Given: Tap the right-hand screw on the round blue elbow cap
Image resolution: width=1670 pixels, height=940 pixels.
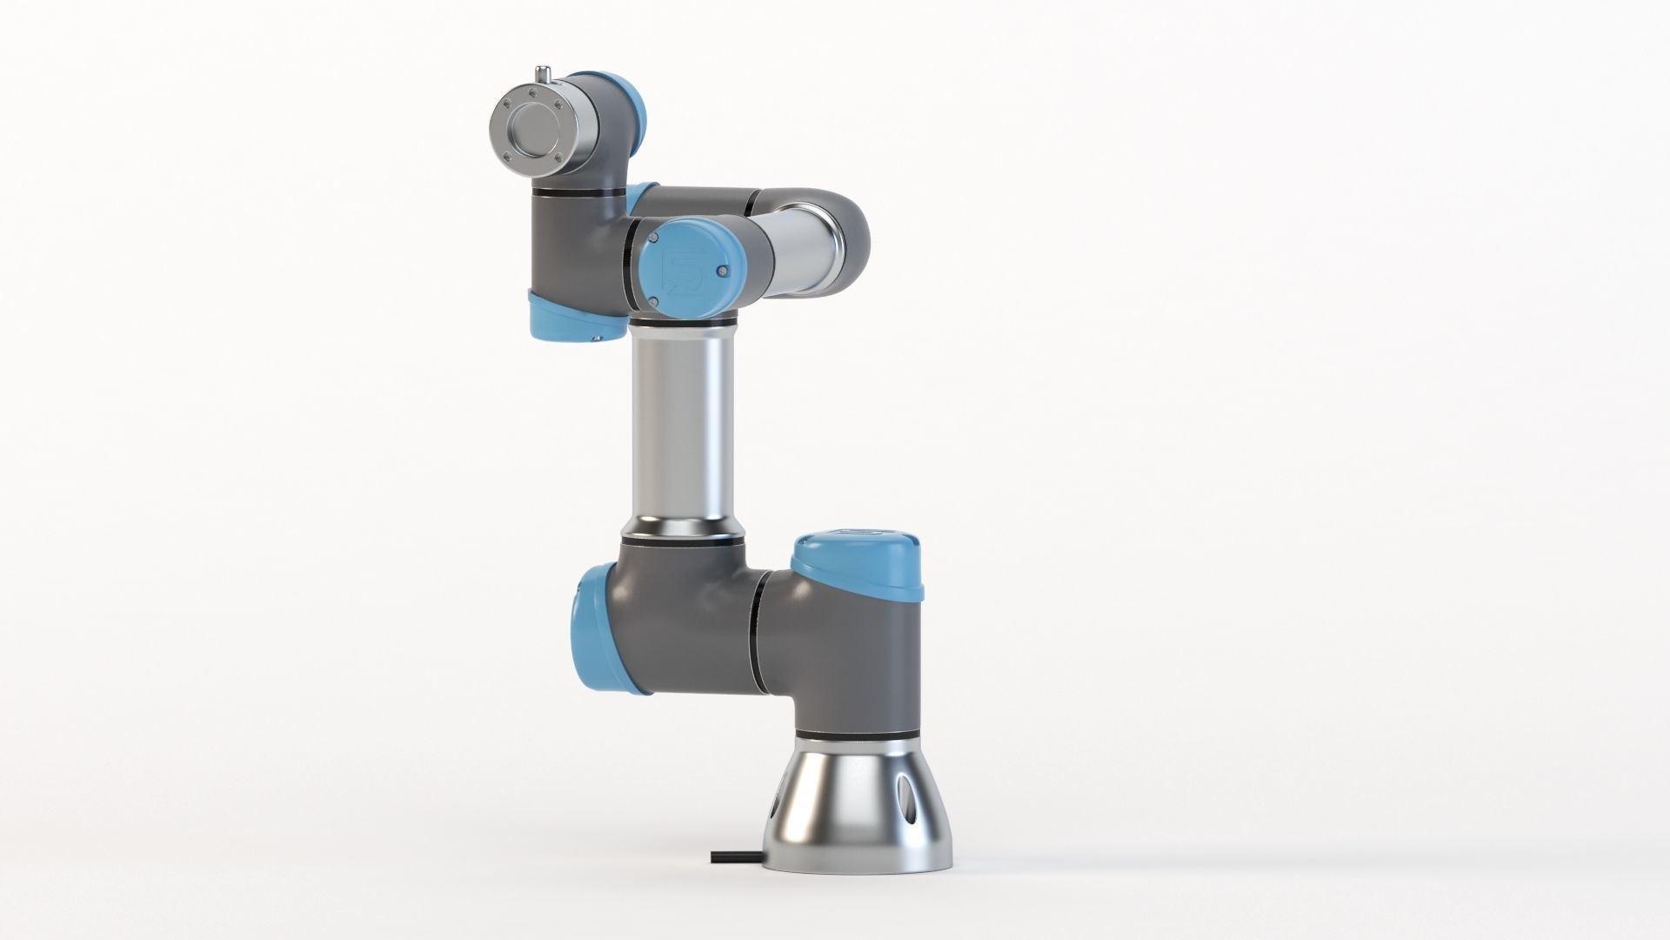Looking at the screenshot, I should pos(721,272).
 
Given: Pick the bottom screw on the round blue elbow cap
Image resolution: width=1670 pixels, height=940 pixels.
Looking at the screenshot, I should pos(652,301).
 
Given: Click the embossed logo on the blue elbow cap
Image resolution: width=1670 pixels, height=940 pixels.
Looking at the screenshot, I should pos(678,266).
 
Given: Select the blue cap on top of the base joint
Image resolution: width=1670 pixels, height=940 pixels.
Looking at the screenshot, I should pos(856,563).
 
